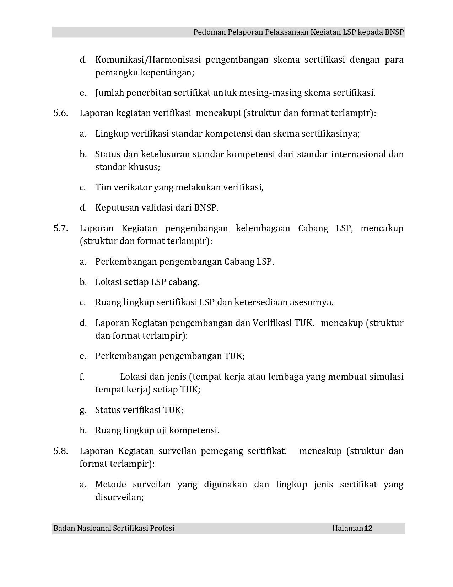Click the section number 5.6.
click(60, 113)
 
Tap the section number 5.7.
click(60, 228)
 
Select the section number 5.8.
click(60, 451)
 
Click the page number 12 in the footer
click(368, 528)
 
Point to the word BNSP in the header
click(394, 32)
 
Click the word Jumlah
click(109, 93)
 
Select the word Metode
click(110, 485)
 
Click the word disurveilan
click(119, 497)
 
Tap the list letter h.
click(83, 430)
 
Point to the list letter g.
click(83, 411)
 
